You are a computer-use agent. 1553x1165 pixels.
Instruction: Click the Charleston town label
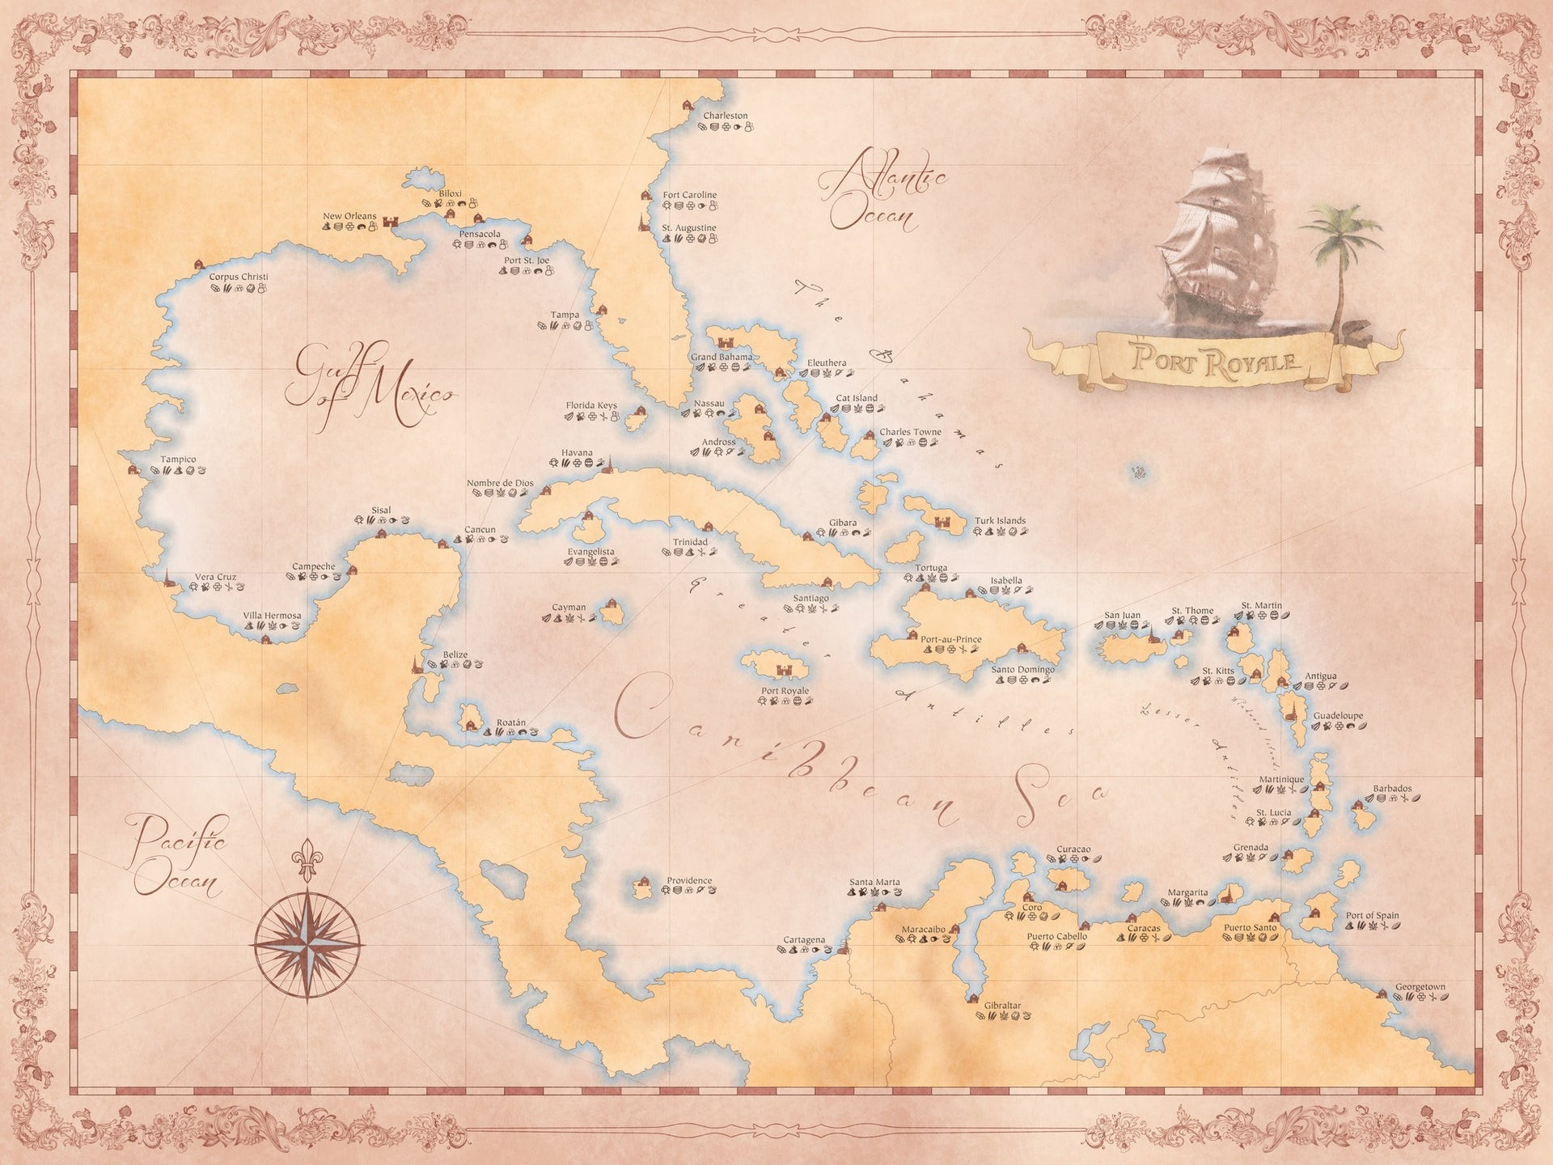click(x=725, y=116)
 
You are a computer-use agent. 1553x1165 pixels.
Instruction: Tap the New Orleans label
click(x=349, y=216)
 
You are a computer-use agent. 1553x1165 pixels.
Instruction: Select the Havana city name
click(x=577, y=453)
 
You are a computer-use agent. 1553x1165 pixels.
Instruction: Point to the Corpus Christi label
click(x=239, y=277)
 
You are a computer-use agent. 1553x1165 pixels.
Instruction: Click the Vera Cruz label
click(x=215, y=577)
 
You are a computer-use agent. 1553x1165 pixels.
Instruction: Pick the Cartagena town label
click(x=804, y=940)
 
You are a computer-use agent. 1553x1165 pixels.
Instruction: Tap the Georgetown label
click(x=1420, y=987)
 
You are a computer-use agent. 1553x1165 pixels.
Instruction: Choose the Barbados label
click(x=1392, y=789)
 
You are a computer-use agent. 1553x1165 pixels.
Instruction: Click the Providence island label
click(x=689, y=880)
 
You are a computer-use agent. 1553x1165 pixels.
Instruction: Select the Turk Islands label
click(x=1000, y=521)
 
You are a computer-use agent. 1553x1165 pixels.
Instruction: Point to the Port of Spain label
click(x=1372, y=916)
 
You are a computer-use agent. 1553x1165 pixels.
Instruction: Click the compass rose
click(x=307, y=944)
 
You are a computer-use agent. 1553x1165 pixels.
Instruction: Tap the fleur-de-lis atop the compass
click(x=307, y=859)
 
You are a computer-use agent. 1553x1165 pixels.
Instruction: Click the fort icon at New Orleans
click(x=391, y=222)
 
